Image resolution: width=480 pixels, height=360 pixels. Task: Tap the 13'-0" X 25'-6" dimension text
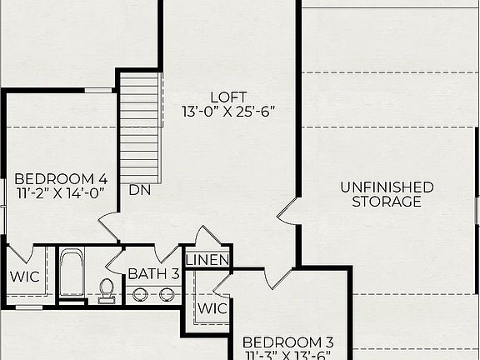click(228, 111)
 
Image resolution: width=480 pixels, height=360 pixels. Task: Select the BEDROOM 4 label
click(61, 178)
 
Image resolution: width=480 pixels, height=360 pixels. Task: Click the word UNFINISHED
click(387, 187)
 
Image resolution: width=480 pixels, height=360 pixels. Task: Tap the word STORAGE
click(387, 202)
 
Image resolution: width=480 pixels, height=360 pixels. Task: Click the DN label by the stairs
click(139, 190)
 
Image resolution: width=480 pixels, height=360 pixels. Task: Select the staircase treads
click(140, 125)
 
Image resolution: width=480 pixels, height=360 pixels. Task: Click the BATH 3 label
click(153, 273)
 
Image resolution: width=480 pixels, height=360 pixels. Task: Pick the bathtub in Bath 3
click(72, 273)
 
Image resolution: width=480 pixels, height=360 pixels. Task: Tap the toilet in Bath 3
click(107, 288)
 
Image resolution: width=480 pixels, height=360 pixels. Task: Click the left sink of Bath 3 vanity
click(140, 294)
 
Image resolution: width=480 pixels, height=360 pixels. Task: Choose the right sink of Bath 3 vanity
click(167, 294)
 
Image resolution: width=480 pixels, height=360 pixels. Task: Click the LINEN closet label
click(207, 261)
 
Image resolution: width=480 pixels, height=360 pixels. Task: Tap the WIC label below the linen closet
click(212, 307)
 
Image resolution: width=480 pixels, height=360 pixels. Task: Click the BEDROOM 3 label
click(287, 342)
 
